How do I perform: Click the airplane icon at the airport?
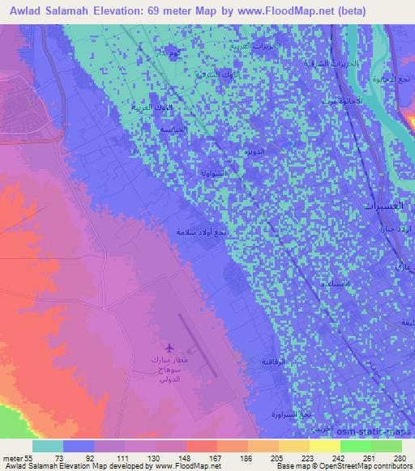pos(169,346)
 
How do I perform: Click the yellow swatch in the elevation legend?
pos(324,446)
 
